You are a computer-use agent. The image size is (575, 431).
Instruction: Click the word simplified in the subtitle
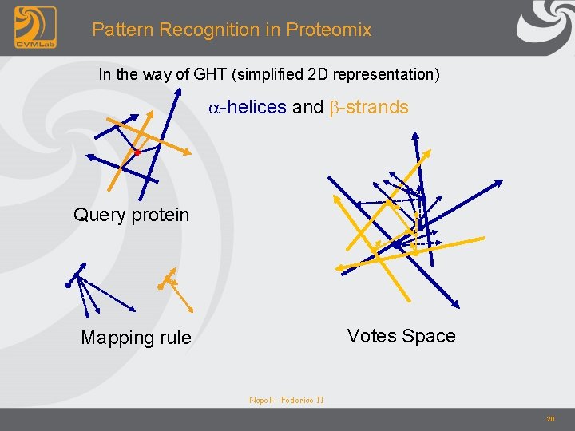(272, 75)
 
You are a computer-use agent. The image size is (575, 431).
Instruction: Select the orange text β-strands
(369, 107)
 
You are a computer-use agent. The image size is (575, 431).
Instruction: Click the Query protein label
(131, 215)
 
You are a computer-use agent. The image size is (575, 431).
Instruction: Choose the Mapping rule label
(136, 338)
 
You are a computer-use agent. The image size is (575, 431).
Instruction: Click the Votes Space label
(401, 336)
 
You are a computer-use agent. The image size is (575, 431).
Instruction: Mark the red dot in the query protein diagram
(137, 152)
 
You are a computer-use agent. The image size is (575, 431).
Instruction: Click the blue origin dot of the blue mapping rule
(69, 283)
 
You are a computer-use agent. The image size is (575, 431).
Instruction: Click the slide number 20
(550, 419)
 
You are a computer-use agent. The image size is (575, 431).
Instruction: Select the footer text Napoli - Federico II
(286, 400)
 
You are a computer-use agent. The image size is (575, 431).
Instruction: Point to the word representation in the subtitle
(390, 75)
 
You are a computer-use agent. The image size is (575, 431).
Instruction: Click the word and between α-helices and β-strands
(308, 107)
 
